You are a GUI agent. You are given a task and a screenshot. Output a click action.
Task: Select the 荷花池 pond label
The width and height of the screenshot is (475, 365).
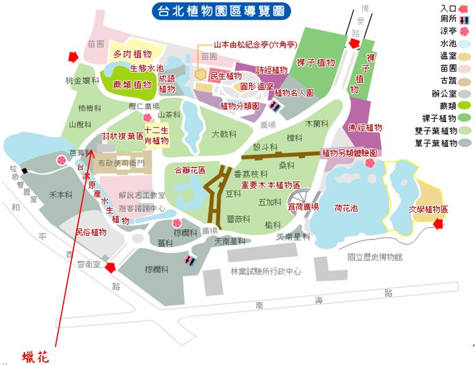click(x=346, y=208)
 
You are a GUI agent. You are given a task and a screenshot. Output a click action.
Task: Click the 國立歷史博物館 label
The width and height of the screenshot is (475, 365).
click(x=375, y=256)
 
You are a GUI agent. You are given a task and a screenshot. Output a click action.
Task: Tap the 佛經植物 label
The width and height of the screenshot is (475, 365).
click(x=365, y=127)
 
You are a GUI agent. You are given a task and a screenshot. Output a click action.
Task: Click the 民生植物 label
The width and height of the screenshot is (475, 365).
click(x=225, y=76)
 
